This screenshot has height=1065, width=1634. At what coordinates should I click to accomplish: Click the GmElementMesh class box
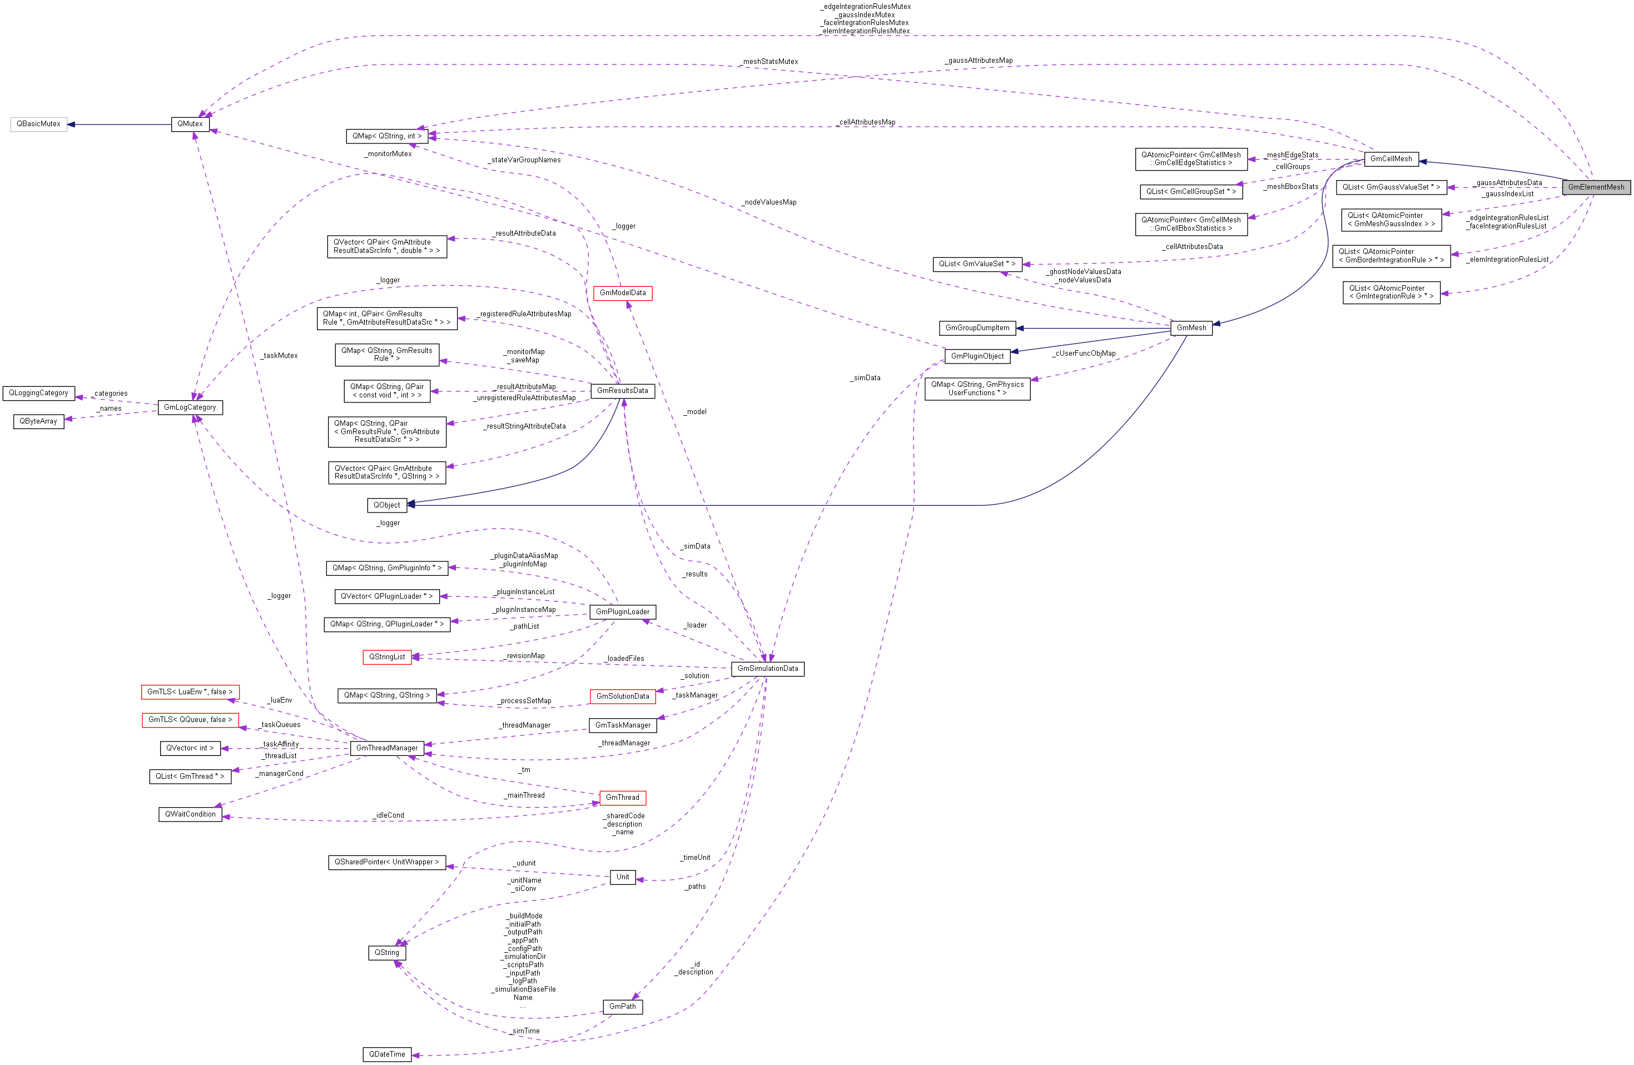[1596, 187]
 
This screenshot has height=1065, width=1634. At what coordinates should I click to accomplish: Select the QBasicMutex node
[38, 124]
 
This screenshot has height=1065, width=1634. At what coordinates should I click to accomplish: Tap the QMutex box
[190, 124]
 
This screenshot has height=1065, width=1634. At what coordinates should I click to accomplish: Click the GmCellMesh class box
[1391, 159]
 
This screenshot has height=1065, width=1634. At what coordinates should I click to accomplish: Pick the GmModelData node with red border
[623, 293]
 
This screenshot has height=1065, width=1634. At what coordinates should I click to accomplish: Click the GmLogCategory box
[190, 407]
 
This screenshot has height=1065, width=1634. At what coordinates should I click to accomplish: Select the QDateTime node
[387, 1054]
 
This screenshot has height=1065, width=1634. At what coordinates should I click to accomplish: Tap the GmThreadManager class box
[387, 749]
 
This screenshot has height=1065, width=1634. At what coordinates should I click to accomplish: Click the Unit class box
[623, 877]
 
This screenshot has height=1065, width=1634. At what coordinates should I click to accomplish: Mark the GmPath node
[623, 1007]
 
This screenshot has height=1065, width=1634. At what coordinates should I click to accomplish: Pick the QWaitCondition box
[190, 814]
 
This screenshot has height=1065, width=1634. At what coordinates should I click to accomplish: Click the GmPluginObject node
[977, 356]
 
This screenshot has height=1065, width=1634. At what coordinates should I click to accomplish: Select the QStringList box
[387, 658]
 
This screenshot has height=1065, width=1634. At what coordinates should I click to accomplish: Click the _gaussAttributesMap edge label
[979, 61]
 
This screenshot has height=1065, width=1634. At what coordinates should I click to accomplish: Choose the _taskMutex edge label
[280, 355]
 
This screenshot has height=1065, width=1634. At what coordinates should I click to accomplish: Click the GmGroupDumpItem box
[977, 328]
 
